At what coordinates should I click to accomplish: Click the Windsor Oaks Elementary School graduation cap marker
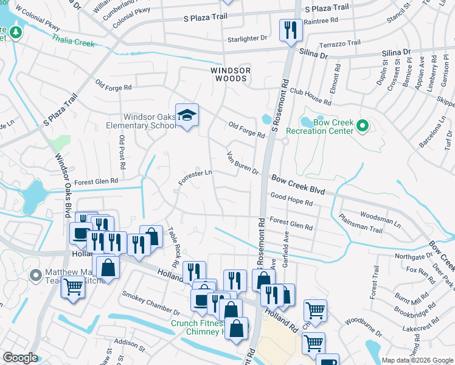coord(187,115)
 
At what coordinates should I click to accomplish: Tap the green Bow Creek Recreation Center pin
coord(363,127)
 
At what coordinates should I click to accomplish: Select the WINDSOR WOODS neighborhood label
coord(231,71)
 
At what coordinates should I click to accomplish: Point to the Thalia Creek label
coord(74,43)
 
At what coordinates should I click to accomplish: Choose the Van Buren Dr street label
coord(243,163)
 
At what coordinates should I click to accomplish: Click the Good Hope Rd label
coord(291,200)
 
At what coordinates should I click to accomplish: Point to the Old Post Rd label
coord(122,152)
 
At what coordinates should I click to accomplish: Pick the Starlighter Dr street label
coord(246,38)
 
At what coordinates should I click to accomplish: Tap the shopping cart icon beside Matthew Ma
coord(74,286)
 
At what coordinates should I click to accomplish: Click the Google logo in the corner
coord(20,358)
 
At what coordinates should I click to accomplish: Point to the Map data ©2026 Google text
coord(417,360)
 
